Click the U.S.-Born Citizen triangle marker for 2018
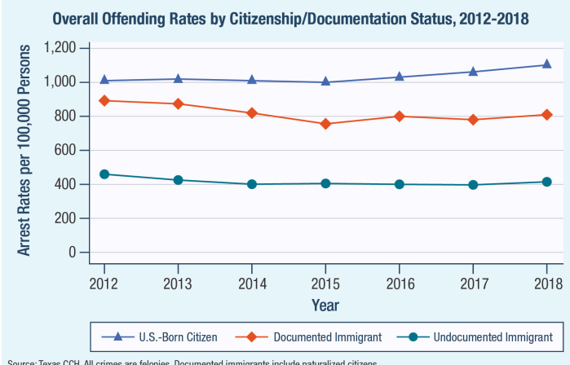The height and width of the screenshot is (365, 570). coord(546,64)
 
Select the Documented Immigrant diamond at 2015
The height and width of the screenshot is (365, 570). coord(325,124)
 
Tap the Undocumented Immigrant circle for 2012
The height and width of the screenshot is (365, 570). coord(104,174)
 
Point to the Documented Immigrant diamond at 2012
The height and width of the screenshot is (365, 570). coord(104,100)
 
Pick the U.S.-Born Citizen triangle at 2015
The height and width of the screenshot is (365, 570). coord(325,81)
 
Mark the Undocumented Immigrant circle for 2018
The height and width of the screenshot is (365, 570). coord(546,182)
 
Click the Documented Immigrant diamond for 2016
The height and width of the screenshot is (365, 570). coord(399,116)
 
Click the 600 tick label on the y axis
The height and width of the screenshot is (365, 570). coord(67,150)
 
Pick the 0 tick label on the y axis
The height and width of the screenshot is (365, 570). coord(73,253)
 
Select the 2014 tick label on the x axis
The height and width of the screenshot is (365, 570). coord(251,284)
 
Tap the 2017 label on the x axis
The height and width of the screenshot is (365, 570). coord(473,284)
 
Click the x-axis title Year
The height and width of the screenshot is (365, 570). coord(325,304)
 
